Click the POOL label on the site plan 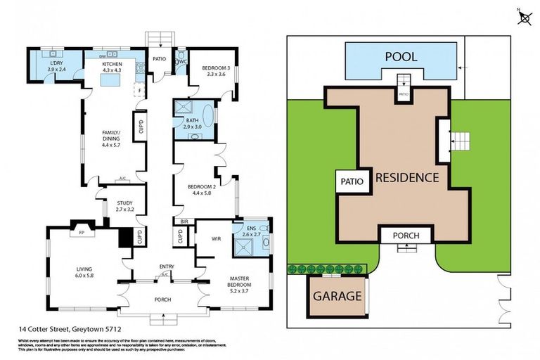(400, 57)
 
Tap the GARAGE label (337, 296)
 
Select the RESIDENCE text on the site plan (407, 178)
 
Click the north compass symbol (524, 17)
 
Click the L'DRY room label (56, 66)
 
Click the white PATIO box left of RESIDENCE (352, 181)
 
